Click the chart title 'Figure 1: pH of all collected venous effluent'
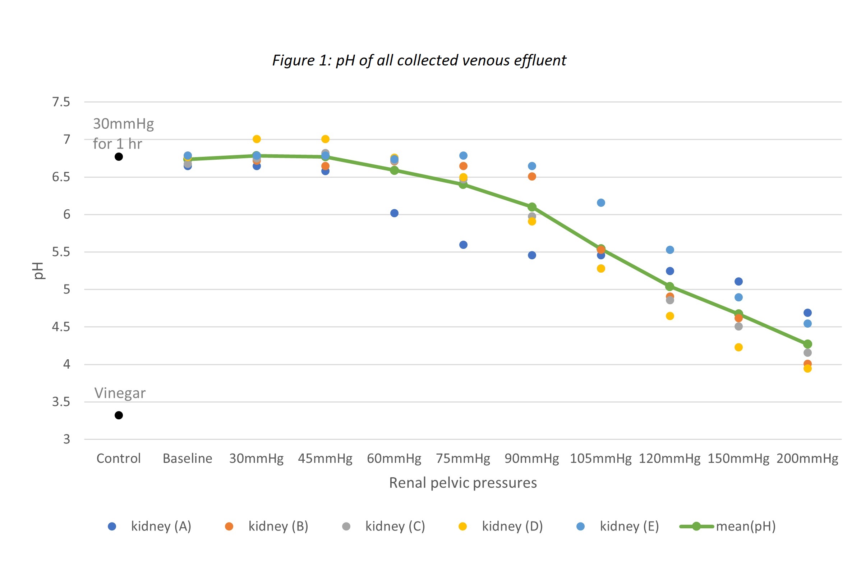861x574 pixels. click(x=419, y=60)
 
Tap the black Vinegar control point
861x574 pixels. click(x=119, y=415)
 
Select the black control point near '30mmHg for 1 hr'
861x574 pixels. click(x=119, y=157)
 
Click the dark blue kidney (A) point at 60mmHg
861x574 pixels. click(x=394, y=213)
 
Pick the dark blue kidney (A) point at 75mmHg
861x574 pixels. click(x=463, y=245)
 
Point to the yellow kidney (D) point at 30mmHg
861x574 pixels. click(x=257, y=139)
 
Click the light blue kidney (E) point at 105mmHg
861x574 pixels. click(x=601, y=202)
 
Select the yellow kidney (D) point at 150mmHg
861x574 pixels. click(x=738, y=347)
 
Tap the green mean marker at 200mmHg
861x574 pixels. click(x=807, y=344)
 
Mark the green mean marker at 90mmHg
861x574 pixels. click(x=532, y=207)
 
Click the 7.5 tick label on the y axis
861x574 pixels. click(x=61, y=102)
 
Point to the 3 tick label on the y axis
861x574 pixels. click(x=66, y=439)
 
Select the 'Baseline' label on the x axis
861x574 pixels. click(x=188, y=458)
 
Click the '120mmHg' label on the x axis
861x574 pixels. click(x=669, y=458)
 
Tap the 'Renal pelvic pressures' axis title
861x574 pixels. click(x=463, y=483)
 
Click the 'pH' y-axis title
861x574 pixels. click(x=38, y=270)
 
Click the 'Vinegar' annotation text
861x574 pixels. click(x=120, y=393)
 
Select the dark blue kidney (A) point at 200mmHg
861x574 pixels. click(x=807, y=313)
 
